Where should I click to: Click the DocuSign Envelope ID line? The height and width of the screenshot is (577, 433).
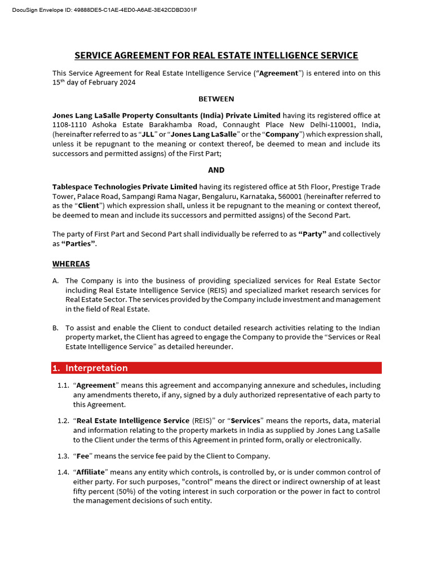(x=105, y=10)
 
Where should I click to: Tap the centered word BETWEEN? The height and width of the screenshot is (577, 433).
(x=216, y=99)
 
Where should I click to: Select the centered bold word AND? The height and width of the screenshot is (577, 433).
(x=216, y=170)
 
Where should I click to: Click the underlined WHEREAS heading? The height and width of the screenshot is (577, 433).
(x=71, y=264)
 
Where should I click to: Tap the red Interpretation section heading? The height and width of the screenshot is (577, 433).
(x=96, y=368)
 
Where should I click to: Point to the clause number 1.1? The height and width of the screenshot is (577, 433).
(x=63, y=385)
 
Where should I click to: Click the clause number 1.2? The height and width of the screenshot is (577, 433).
(x=63, y=421)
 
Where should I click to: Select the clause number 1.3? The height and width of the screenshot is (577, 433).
(x=63, y=456)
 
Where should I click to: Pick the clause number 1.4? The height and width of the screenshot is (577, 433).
(x=63, y=472)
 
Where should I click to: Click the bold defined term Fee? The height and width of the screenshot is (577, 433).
(x=83, y=456)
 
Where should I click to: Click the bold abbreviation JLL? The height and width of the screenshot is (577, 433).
(x=148, y=134)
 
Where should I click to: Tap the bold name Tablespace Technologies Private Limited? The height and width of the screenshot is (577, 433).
(x=125, y=187)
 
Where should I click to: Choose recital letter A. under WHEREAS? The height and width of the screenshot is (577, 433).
(x=56, y=281)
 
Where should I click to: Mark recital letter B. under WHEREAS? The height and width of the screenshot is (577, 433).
(x=56, y=328)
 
